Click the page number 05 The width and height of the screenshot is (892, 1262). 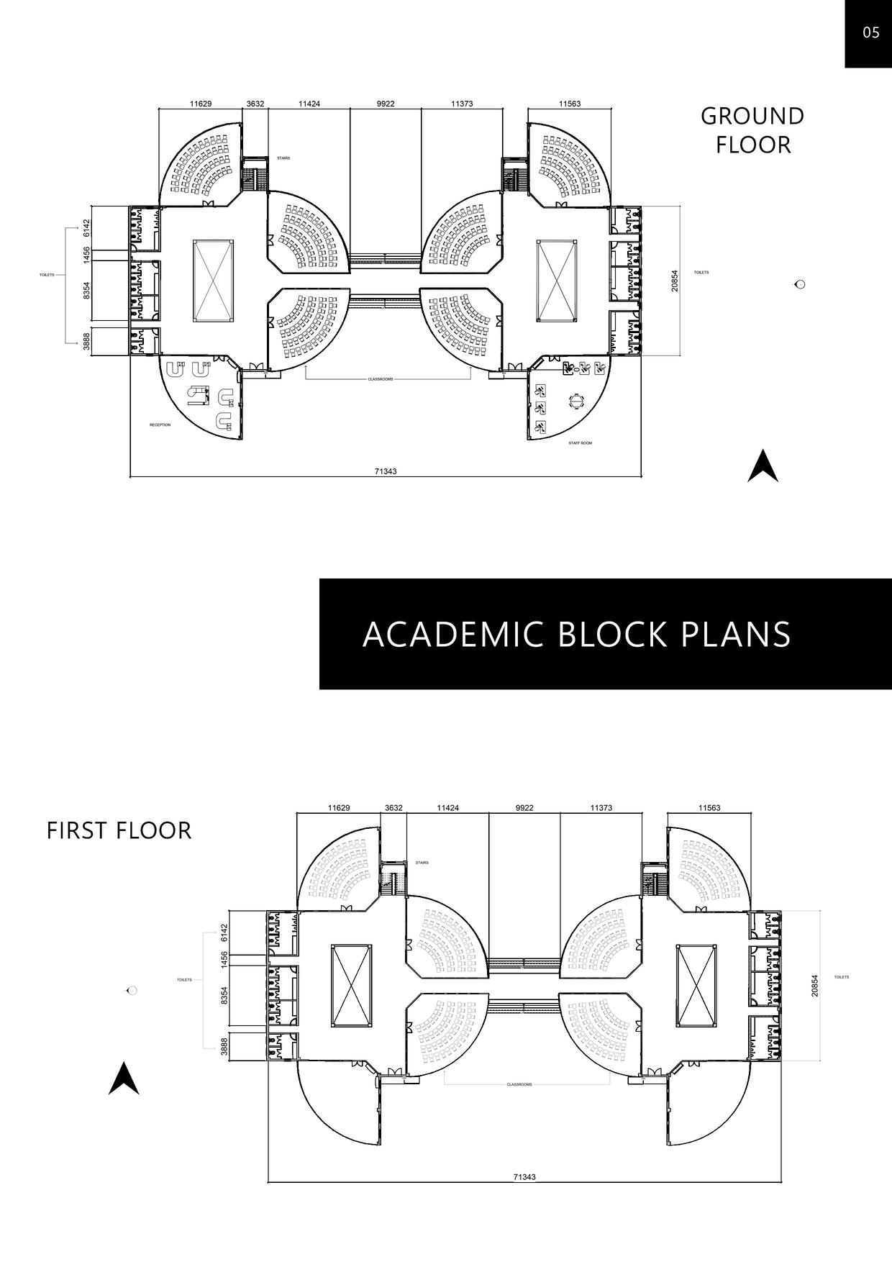870,32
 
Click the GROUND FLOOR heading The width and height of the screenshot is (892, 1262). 752,130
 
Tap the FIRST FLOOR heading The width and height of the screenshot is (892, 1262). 119,830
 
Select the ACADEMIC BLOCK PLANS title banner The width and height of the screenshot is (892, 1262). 576,634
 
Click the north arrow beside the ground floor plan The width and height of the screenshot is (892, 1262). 763,466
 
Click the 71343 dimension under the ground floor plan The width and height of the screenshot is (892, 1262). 386,471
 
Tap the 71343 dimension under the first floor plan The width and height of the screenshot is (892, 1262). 524,1177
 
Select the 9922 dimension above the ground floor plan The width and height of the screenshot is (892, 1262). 386,104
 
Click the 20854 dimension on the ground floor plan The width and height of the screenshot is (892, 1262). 674,281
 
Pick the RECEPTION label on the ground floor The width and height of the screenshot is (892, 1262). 160,425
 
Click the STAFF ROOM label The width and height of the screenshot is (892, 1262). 580,443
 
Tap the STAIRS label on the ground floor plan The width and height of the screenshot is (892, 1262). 283,158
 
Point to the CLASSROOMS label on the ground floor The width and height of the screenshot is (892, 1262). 381,379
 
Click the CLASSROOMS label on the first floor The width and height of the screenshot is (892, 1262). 519,1084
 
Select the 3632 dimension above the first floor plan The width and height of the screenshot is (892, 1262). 393,808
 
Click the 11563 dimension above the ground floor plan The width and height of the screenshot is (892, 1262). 570,104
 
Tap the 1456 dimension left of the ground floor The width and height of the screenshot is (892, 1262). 86,254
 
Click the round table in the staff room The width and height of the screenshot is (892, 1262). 577,400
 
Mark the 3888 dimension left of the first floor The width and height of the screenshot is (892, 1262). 224,1046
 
